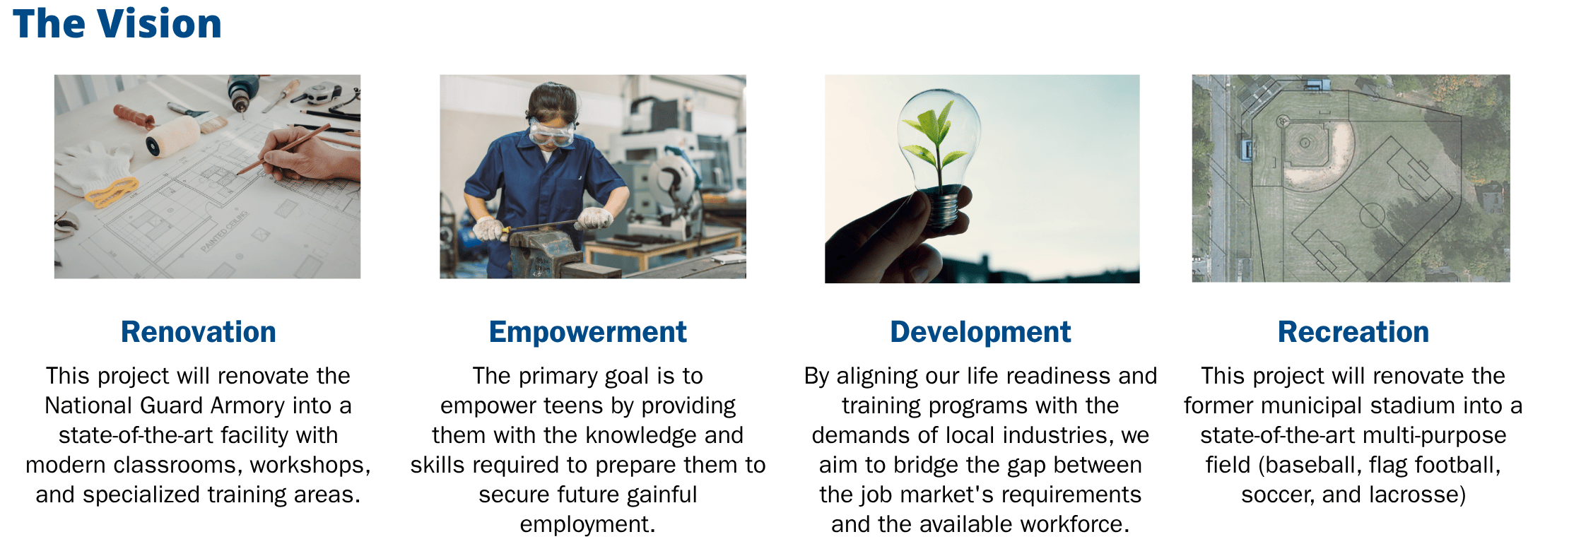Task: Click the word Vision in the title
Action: click(x=160, y=24)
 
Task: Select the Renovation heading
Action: click(x=199, y=332)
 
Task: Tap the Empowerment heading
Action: click(x=588, y=332)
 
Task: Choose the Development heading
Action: click(x=980, y=332)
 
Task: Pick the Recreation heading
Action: click(x=1353, y=332)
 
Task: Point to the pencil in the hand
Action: click(x=283, y=149)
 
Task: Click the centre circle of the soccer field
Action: click(x=1373, y=215)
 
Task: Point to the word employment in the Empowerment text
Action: click(x=587, y=524)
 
